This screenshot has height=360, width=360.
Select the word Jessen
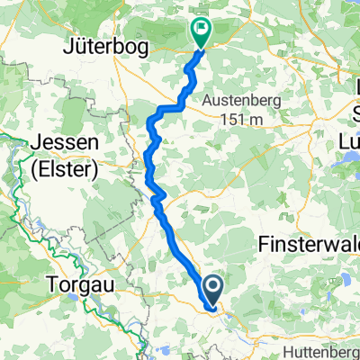(62, 144)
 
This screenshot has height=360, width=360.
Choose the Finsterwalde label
(308, 244)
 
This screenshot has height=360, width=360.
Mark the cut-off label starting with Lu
(346, 140)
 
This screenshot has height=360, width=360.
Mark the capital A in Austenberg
(207, 101)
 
